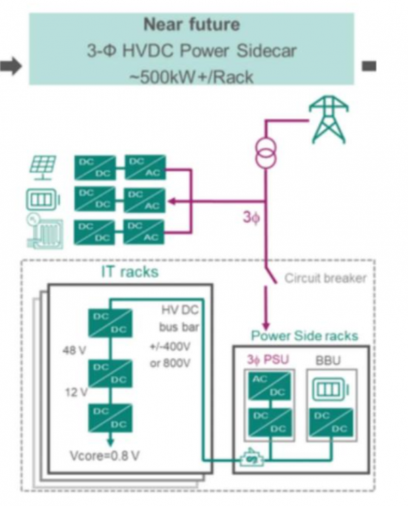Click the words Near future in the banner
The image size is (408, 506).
(x=192, y=24)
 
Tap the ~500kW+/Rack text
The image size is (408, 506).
(x=192, y=77)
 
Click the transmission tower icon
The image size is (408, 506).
(x=328, y=119)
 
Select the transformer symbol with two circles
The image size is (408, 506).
(x=266, y=152)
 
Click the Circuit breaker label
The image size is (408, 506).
(x=325, y=278)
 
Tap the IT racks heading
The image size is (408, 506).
(x=130, y=272)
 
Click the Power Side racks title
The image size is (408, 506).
(x=305, y=336)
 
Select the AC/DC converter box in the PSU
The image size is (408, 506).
(x=269, y=386)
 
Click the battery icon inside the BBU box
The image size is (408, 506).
(x=330, y=389)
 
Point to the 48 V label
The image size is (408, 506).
(x=74, y=350)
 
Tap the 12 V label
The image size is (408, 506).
(x=76, y=392)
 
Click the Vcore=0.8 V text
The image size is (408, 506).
(x=105, y=456)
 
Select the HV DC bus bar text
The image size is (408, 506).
(x=179, y=318)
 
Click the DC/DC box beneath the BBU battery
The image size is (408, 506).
(x=330, y=422)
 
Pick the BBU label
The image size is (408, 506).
(x=328, y=360)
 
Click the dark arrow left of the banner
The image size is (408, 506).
(x=11, y=66)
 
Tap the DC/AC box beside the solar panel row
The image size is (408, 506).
(x=146, y=167)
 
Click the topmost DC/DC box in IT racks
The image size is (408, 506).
(x=110, y=323)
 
